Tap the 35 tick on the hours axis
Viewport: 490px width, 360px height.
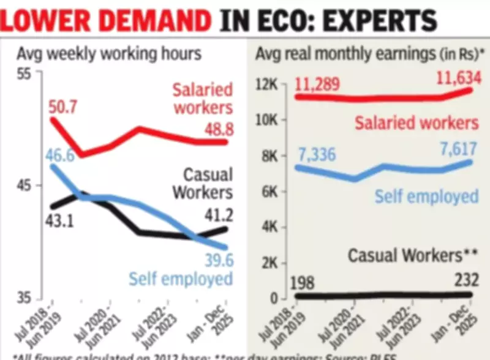click(23, 298)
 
